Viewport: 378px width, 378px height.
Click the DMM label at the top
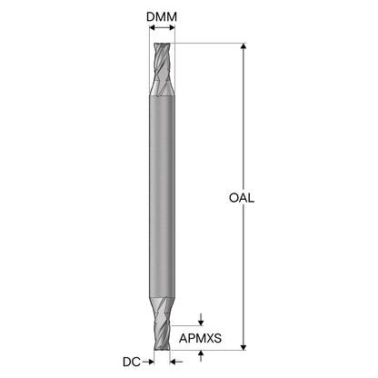pos(162,17)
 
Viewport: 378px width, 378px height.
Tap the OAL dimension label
pos(242,198)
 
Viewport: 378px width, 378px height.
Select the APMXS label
pos(200,338)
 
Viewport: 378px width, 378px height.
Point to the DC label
pos(132,362)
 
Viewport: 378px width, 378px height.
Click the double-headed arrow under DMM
pos(163,28)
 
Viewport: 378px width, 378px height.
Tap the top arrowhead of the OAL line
pos(244,46)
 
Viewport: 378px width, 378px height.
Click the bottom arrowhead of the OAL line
pos(244,347)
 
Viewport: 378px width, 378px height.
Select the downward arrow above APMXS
pos(201,319)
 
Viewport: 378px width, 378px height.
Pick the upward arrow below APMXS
pos(201,356)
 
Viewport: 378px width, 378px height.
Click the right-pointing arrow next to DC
pos(148,362)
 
